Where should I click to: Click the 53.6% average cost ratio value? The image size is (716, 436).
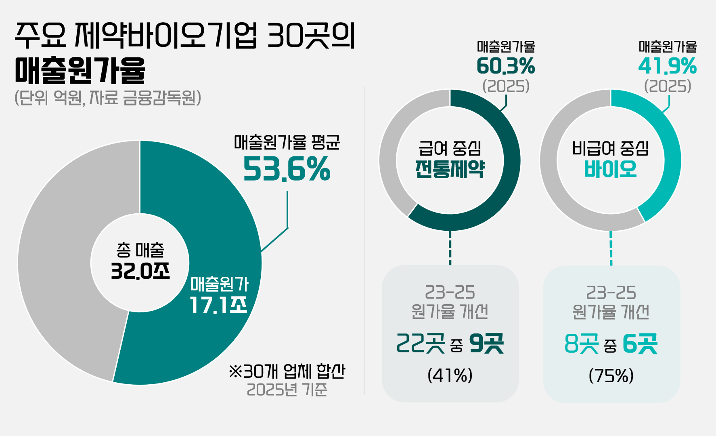(287, 169)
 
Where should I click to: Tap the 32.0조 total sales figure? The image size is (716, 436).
(140, 271)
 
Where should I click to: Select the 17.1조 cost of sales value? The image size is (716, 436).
(218, 305)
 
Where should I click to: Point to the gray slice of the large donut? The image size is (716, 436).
(61, 263)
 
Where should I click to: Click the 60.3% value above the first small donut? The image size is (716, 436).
(506, 66)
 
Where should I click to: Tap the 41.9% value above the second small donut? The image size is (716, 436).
(667, 66)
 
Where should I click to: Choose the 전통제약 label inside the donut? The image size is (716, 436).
(450, 169)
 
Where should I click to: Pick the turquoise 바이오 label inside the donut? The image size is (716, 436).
(610, 169)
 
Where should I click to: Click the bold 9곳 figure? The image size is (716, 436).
(486, 344)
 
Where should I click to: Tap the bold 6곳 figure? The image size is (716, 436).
(640, 344)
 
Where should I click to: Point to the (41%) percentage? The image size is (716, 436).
(450, 375)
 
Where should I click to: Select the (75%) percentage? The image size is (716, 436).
(611, 375)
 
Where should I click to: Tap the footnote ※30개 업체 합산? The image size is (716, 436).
(287, 371)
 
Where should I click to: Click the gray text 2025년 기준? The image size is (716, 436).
(287, 390)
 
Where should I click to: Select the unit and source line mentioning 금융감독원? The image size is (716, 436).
(108, 98)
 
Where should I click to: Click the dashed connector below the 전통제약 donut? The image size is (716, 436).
(450, 248)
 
